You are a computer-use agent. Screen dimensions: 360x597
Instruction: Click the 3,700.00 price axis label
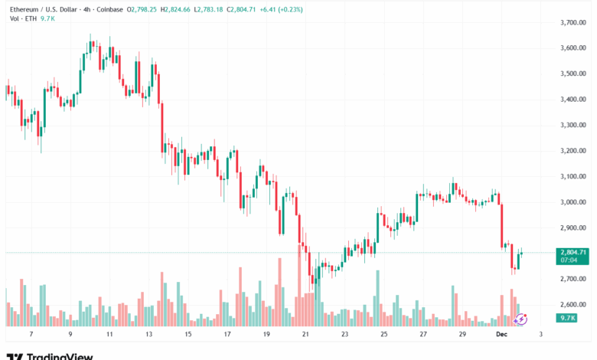click(574, 22)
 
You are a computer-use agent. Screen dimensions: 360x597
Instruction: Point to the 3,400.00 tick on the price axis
click(574, 99)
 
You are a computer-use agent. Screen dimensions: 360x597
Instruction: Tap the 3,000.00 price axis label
click(574, 201)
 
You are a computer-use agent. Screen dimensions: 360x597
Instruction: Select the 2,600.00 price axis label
click(574, 304)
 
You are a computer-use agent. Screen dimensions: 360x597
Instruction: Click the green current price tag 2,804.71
click(573, 251)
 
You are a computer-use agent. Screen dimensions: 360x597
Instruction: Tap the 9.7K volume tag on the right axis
click(567, 317)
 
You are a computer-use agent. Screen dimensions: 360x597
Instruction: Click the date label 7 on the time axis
click(30, 334)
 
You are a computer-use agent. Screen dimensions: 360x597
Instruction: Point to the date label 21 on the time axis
click(305, 334)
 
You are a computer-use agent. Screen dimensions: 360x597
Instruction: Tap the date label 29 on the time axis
click(462, 334)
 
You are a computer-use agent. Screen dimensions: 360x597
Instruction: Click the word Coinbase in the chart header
click(109, 9)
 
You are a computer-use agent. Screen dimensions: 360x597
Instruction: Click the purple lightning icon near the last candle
click(521, 319)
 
